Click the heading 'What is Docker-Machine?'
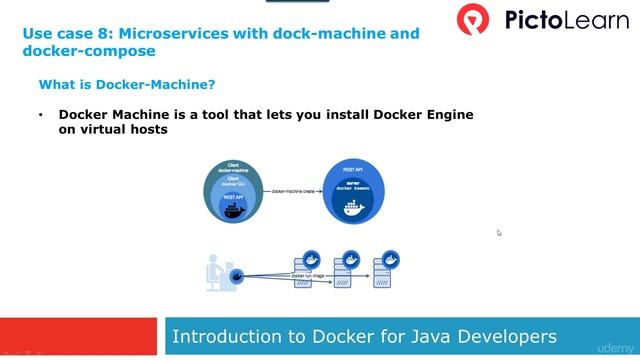[x=127, y=84]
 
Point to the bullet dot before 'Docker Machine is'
[x=41, y=114]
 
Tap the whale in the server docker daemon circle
[x=353, y=209]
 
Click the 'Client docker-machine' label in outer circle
[x=232, y=167]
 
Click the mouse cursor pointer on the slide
[x=499, y=233]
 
